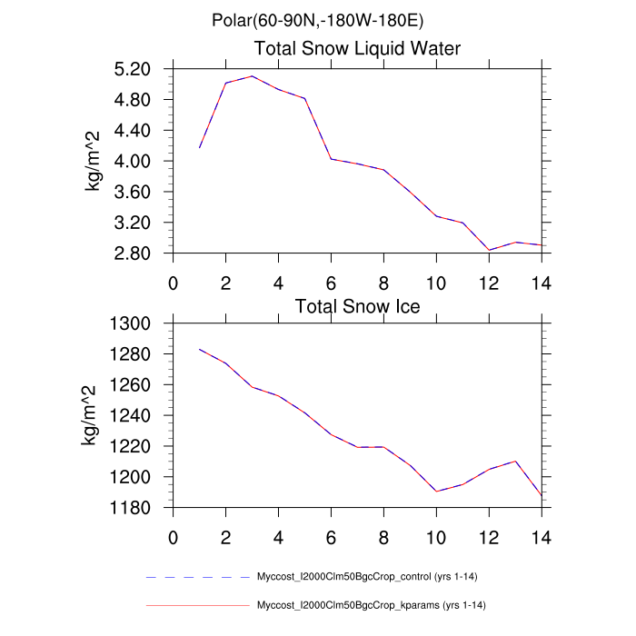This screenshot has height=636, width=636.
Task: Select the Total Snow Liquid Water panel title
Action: [357, 48]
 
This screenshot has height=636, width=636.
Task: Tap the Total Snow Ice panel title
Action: [357, 306]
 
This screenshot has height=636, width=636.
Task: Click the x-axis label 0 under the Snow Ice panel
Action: [173, 536]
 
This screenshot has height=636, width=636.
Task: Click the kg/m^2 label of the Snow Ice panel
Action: [93, 415]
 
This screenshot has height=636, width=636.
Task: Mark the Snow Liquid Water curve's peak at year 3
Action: [252, 76]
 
